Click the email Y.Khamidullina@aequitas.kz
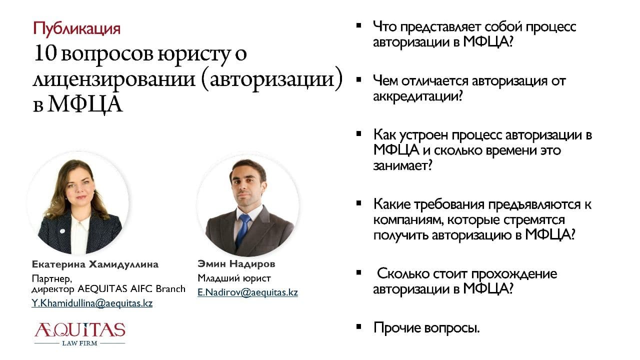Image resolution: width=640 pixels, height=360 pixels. [x=92, y=303]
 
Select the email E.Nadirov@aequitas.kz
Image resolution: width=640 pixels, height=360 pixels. [x=247, y=292]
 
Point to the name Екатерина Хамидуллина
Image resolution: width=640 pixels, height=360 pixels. [x=95, y=264]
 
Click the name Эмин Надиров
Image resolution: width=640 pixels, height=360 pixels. [x=236, y=263]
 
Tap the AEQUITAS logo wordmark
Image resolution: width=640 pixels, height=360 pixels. [x=79, y=330]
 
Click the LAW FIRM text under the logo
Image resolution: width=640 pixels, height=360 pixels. [x=79, y=343]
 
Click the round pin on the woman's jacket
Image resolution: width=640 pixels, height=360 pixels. [x=62, y=231]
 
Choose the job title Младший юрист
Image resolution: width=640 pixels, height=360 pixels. [x=234, y=278]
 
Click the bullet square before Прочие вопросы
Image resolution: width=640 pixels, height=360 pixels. [x=359, y=326]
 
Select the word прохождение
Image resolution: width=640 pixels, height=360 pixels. [x=514, y=274]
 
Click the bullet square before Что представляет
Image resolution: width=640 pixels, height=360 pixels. [x=359, y=25]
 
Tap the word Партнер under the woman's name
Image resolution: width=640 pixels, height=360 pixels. [x=52, y=278]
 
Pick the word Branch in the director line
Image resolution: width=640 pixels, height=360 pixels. [x=170, y=289]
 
